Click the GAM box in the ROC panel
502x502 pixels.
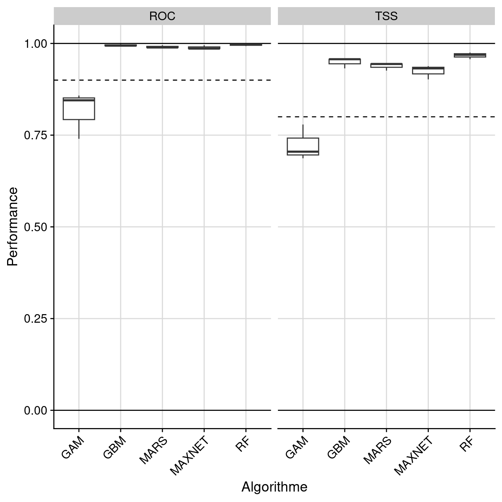[79, 109]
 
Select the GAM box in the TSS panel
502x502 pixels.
[303, 146]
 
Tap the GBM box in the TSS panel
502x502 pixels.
[345, 61]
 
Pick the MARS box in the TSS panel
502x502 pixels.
[387, 65]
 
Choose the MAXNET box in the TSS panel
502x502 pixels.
[428, 71]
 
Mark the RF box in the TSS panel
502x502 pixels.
[470, 55]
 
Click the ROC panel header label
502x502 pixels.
[162, 16]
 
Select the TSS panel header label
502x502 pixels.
[386, 16]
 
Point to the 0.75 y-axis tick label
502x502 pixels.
[36, 135]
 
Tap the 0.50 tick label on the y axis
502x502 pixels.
[36, 227]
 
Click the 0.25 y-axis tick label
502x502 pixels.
[36, 319]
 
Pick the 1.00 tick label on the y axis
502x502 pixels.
[36, 44]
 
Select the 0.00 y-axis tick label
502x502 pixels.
[36, 410]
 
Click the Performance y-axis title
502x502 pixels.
[13, 227]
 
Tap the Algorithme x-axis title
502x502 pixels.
[275, 487]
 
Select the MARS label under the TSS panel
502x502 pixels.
[378, 451]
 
